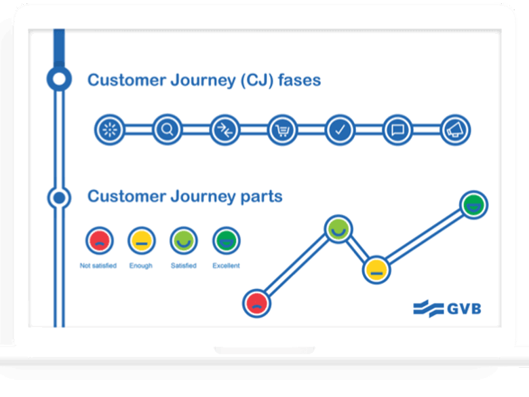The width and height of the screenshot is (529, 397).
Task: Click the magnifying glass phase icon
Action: point(166,129)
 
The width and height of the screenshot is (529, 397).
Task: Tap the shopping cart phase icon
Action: point(282,129)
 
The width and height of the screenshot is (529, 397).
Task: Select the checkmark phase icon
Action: point(340,129)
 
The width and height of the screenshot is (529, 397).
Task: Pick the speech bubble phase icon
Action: point(397,129)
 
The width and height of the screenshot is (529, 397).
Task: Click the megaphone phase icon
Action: point(455,129)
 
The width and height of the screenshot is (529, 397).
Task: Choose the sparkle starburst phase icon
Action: point(109,129)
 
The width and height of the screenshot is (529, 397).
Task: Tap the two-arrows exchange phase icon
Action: point(224,129)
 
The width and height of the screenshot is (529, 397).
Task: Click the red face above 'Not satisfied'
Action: point(99,240)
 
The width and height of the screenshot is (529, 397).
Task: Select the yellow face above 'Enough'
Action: point(141,240)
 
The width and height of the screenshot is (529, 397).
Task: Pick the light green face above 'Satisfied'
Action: point(183,240)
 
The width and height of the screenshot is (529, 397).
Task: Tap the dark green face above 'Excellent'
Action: point(226,240)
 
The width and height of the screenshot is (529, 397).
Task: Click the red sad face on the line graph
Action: point(256,303)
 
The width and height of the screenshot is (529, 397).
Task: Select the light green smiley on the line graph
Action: point(337,230)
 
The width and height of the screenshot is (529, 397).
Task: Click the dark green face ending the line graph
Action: point(473,205)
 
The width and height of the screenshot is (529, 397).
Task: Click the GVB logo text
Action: point(464,308)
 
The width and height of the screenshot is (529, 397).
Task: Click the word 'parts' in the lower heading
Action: point(260,197)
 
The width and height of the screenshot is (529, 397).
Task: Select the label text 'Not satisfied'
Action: point(98,266)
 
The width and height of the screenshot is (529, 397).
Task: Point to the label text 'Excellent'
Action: point(226,266)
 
